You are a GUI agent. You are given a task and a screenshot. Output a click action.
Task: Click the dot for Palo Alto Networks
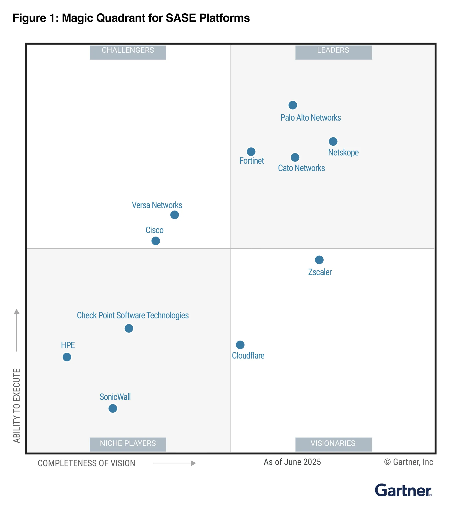(x=293, y=105)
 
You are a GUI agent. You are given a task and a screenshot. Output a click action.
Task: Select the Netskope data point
(x=333, y=141)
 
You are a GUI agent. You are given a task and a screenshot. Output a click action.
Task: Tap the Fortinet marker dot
(x=251, y=152)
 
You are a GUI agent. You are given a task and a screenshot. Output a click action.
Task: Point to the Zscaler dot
(x=319, y=260)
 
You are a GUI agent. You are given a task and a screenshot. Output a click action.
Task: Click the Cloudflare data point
(x=240, y=345)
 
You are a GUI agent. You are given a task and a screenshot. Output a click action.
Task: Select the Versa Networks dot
(x=175, y=215)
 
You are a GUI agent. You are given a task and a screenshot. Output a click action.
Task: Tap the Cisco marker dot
(x=156, y=241)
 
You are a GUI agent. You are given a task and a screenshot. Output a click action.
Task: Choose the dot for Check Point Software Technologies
(x=129, y=328)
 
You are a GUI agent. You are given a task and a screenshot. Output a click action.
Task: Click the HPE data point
(x=67, y=357)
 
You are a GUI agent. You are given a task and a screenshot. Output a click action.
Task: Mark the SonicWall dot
(x=113, y=408)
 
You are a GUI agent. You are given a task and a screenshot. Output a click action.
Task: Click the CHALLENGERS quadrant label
(x=128, y=50)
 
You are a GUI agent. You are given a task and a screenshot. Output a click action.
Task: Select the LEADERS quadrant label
(x=333, y=50)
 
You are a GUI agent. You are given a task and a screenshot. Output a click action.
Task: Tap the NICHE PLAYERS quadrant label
(x=128, y=443)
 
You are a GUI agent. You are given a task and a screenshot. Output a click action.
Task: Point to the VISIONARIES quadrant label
(x=333, y=443)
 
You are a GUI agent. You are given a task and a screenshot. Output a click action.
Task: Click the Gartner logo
(x=403, y=490)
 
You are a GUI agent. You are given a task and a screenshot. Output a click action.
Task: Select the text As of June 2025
(x=292, y=462)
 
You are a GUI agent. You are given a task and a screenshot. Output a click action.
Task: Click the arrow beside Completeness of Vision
(x=175, y=463)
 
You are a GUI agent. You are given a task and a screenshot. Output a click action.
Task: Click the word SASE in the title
(x=181, y=18)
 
